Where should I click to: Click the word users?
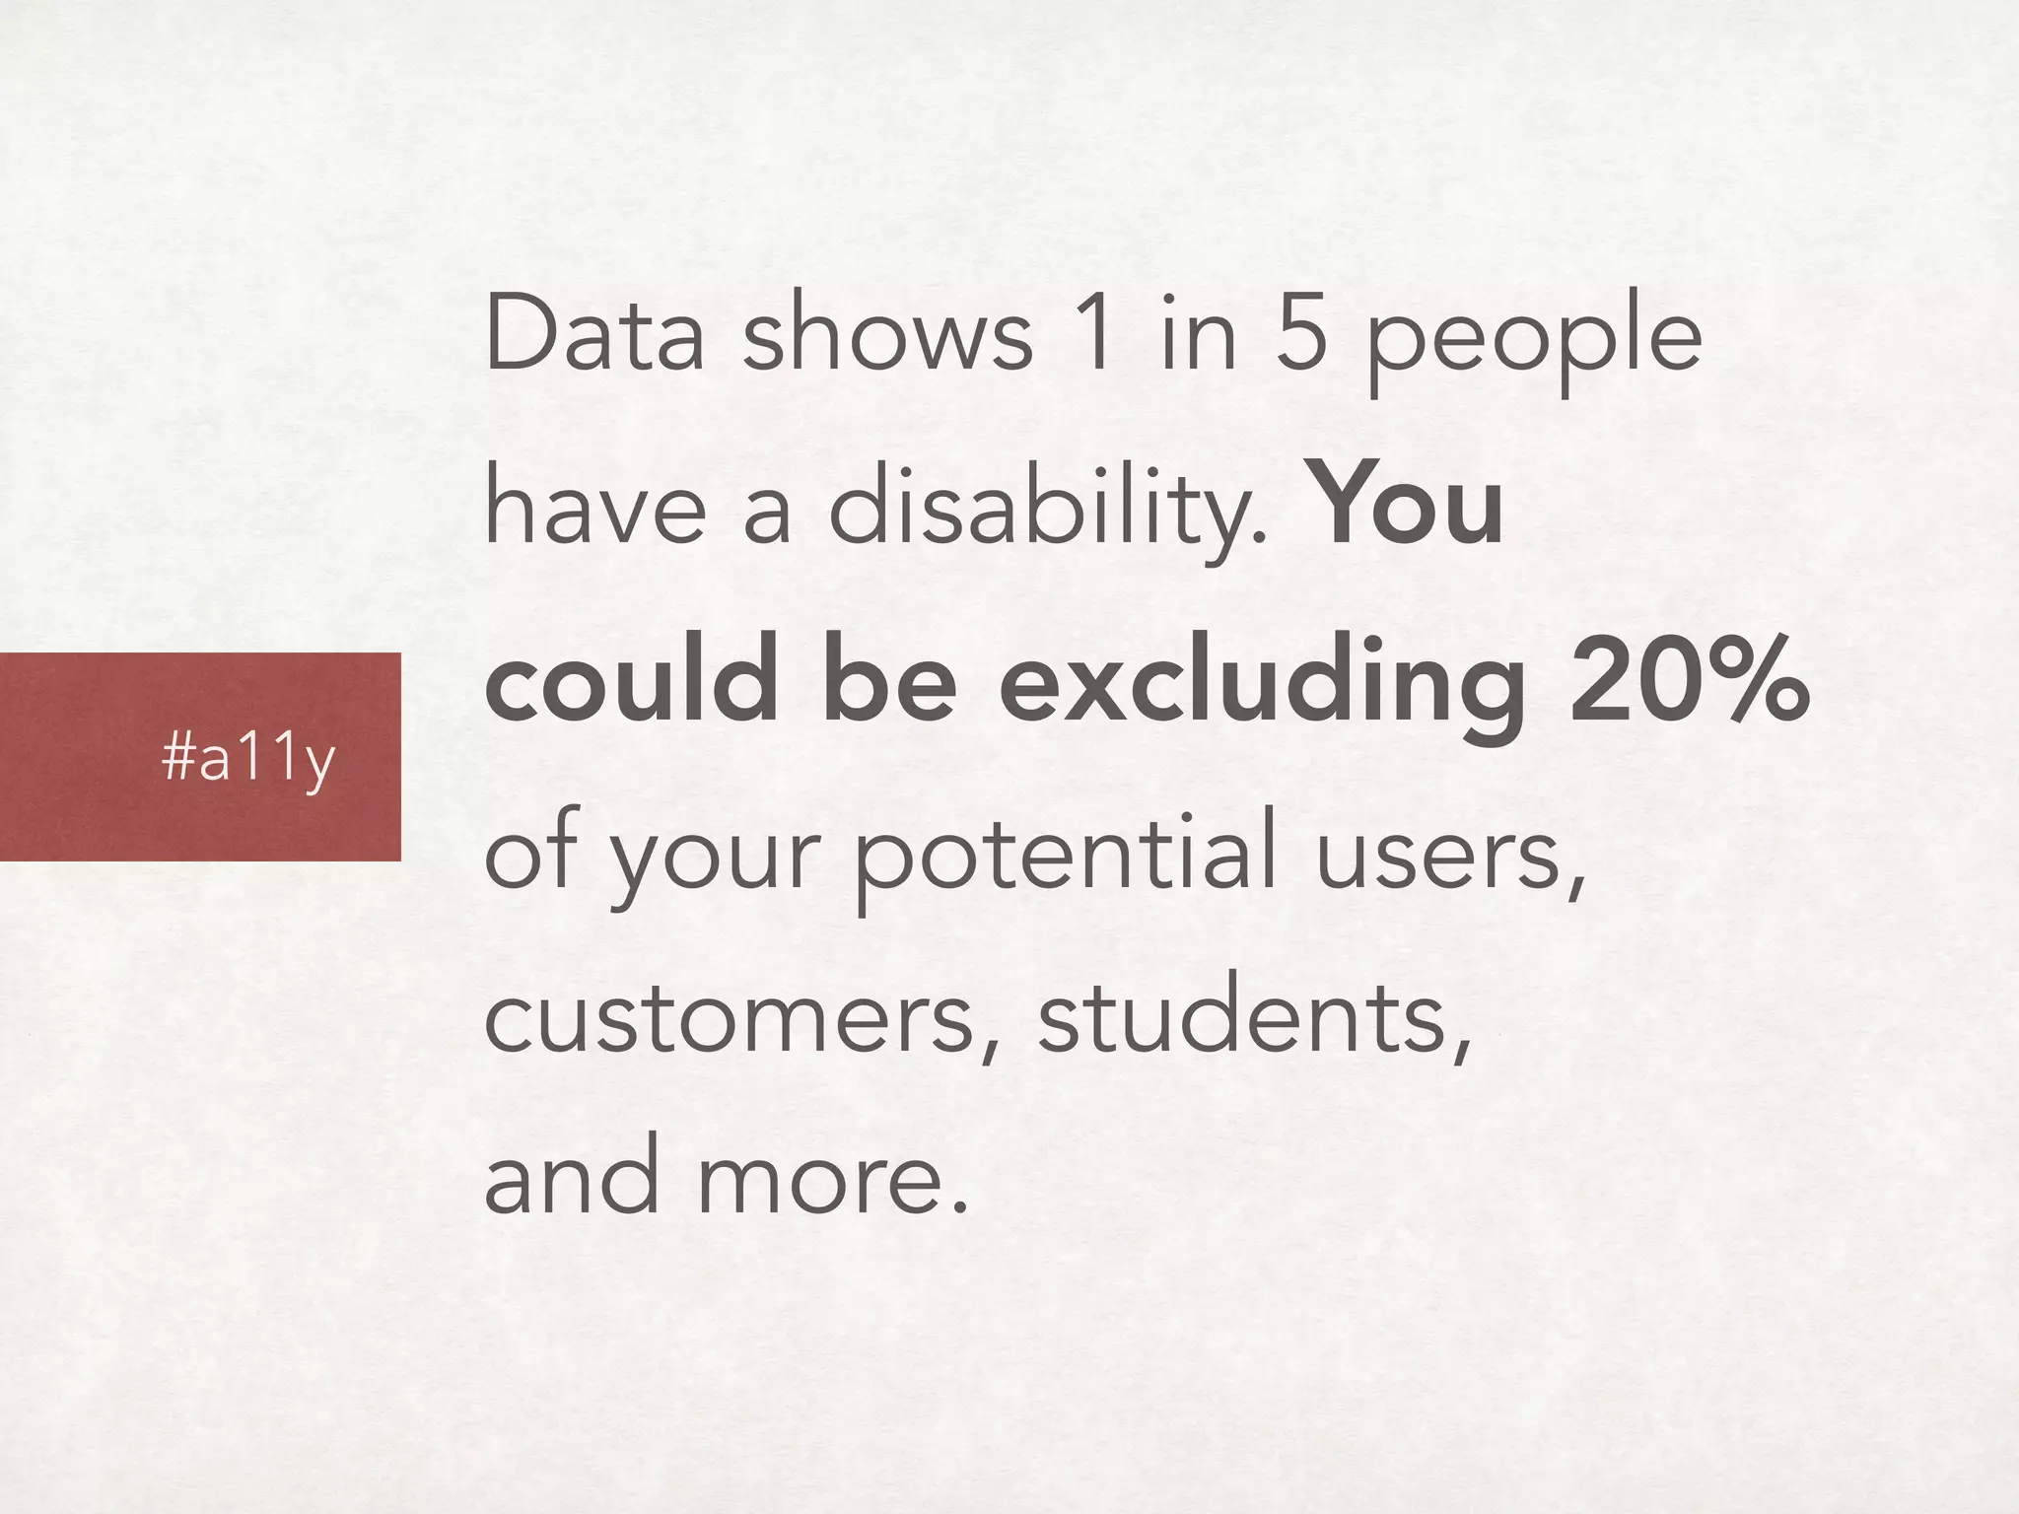coord(1450,854)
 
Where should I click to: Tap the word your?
coord(714,858)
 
